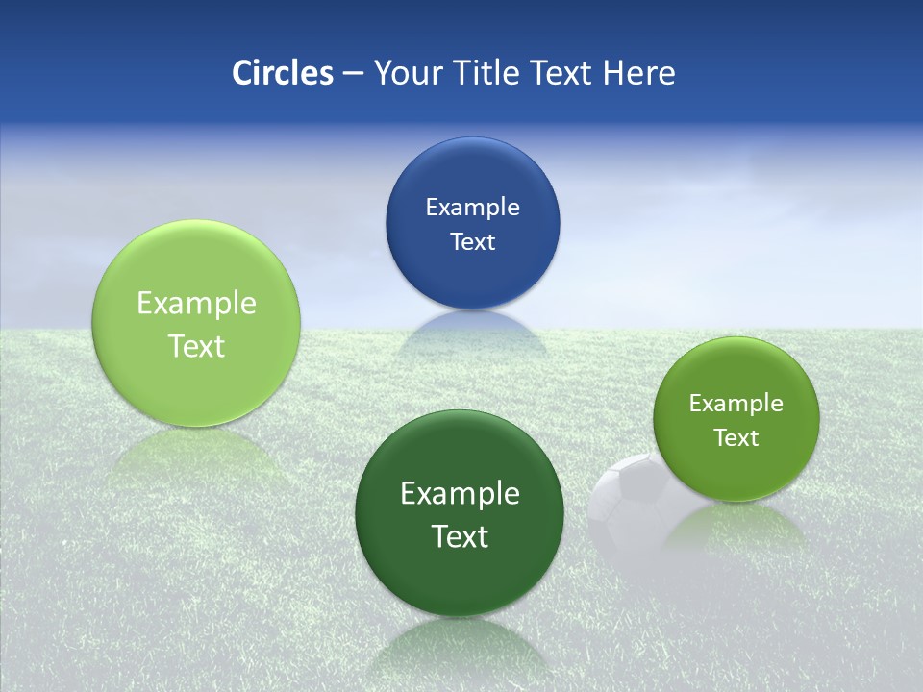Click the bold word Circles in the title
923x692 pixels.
click(x=283, y=73)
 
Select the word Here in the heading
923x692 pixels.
click(x=639, y=73)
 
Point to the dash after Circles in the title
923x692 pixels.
click(x=353, y=74)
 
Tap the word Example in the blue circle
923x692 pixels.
click(x=472, y=207)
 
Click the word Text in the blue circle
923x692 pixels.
click(x=472, y=241)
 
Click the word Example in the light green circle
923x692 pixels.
click(x=196, y=304)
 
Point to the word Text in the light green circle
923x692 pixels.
click(x=196, y=346)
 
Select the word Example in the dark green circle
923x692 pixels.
click(x=460, y=494)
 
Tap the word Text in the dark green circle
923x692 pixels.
click(x=460, y=536)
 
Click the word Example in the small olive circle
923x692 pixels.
click(x=736, y=404)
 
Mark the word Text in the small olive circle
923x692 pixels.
click(x=736, y=438)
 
